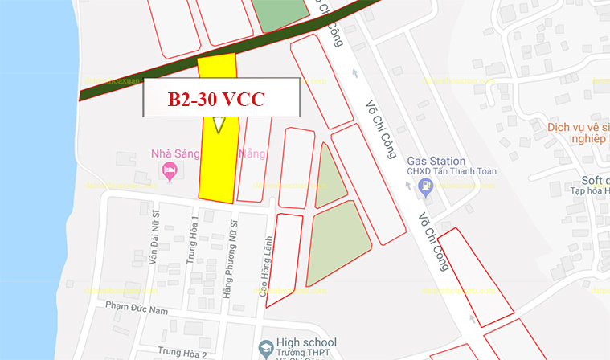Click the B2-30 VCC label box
pyautogui.click(x=221, y=99)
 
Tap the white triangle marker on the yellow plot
pyautogui.click(x=218, y=125)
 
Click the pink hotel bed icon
pyautogui.click(x=169, y=170)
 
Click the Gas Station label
pyautogui.click(x=435, y=160)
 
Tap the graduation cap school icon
pyautogui.click(x=265, y=349)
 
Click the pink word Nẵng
pyautogui.click(x=252, y=153)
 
